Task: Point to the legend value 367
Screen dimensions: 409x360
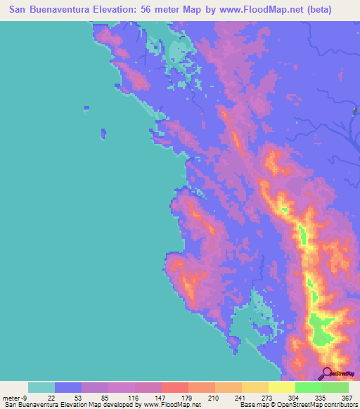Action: (347, 398)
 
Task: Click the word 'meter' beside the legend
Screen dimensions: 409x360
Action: (11, 398)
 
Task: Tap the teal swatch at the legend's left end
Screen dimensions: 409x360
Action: (41, 387)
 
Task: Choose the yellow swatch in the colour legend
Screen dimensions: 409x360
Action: (282, 387)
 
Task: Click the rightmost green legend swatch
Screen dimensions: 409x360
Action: (335, 387)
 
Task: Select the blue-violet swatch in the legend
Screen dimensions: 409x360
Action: (68, 387)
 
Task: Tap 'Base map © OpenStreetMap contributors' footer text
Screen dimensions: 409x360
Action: (297, 405)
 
